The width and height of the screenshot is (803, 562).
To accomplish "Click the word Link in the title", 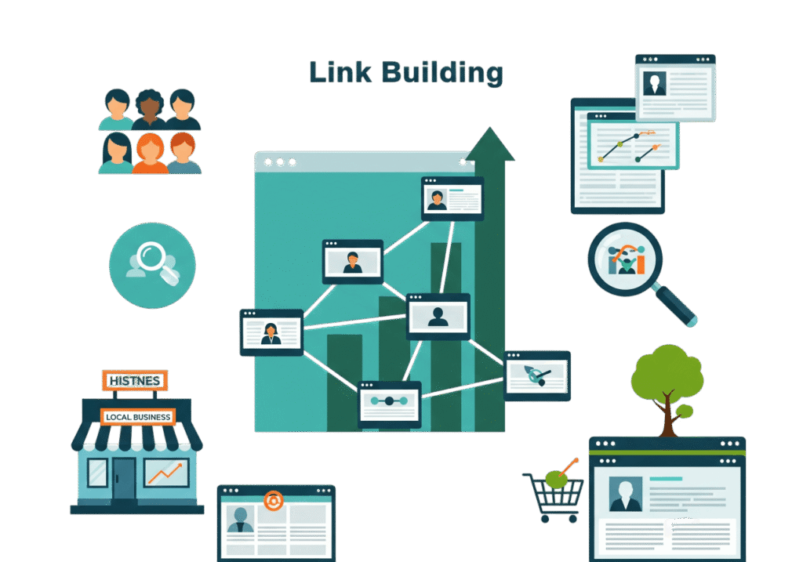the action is pyautogui.click(x=340, y=72).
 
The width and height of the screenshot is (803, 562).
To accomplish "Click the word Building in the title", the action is pyautogui.click(x=442, y=73).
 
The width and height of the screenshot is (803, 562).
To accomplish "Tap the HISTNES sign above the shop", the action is pyautogui.click(x=135, y=381).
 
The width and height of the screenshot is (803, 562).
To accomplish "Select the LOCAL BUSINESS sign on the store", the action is pyautogui.click(x=138, y=417).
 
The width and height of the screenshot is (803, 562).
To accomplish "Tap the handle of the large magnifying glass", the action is pyautogui.click(x=676, y=306).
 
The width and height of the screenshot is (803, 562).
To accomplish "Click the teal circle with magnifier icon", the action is pyautogui.click(x=152, y=265).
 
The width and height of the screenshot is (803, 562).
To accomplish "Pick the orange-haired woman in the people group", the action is pyautogui.click(x=150, y=153).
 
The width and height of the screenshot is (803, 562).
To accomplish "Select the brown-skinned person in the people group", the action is pyautogui.click(x=149, y=109).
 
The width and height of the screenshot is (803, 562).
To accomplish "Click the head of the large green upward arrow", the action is pyautogui.click(x=490, y=143).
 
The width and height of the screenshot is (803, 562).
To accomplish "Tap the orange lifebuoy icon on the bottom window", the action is pyautogui.click(x=274, y=501).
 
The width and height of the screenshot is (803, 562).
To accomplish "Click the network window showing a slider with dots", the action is pyautogui.click(x=389, y=404).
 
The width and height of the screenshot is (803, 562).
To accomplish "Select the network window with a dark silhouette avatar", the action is pyautogui.click(x=438, y=317).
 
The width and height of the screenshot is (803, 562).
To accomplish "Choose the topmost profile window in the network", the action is pyautogui.click(x=452, y=198).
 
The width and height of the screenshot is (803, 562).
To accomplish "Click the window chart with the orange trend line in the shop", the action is pyautogui.click(x=166, y=473).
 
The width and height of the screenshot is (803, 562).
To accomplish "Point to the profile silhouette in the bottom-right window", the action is pyautogui.click(x=626, y=494).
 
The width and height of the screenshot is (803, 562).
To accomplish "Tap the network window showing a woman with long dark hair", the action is pyautogui.click(x=271, y=332).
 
